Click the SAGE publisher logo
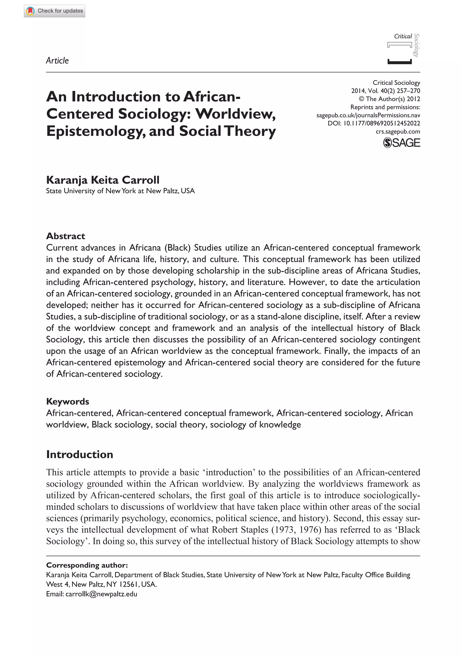tap(401, 143)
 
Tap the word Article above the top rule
tap(57, 61)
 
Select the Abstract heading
tap(66, 236)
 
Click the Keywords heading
tap(68, 401)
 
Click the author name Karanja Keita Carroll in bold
tap(103, 180)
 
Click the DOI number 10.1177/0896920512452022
tap(382, 124)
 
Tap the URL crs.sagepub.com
tap(398, 132)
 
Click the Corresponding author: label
tap(87, 565)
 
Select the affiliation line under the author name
tap(120, 191)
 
